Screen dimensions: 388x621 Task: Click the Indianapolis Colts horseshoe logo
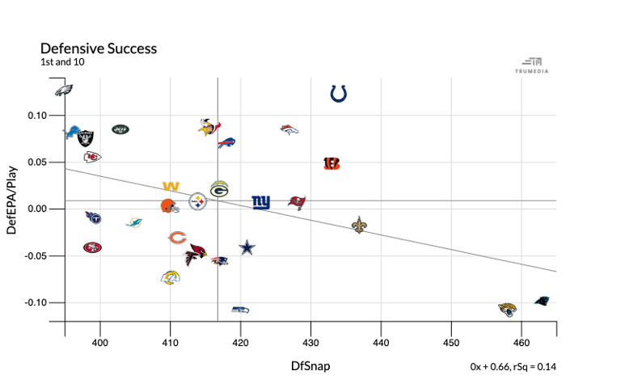(339, 95)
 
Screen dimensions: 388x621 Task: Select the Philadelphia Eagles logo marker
(65, 91)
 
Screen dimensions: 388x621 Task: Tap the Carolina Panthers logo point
(543, 302)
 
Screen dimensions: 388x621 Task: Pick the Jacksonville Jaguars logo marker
(508, 310)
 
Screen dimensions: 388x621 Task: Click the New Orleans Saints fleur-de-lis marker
(360, 225)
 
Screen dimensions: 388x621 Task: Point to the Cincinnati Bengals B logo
(332, 163)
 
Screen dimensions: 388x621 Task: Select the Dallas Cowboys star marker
(247, 247)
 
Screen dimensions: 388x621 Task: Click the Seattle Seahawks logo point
(240, 310)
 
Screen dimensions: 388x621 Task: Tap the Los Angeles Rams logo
(171, 277)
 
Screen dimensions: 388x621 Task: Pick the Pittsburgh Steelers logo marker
(198, 201)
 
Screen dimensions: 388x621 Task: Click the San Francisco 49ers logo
(92, 247)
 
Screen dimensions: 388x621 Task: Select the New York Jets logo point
(120, 129)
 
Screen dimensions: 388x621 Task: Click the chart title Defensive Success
(98, 48)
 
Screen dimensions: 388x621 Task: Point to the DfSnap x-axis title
(310, 366)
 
